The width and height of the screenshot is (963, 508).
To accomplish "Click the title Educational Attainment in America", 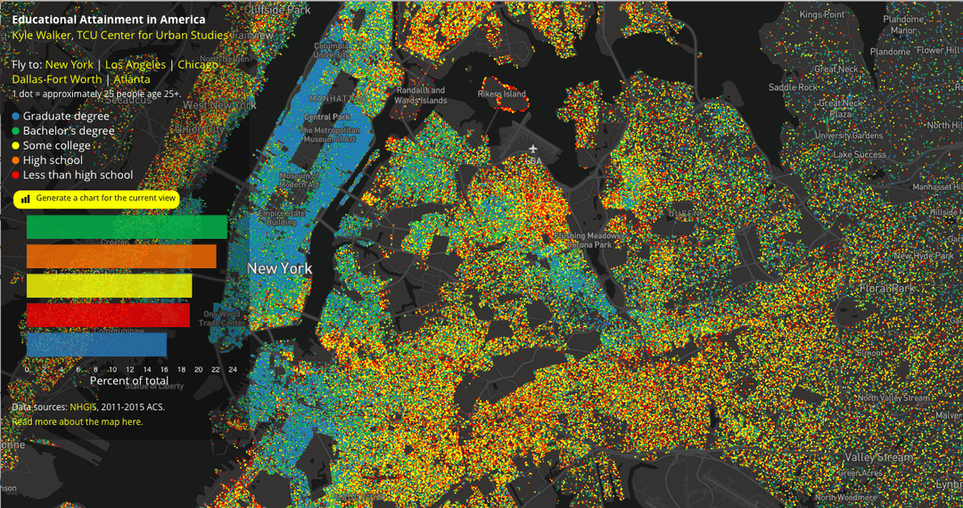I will (x=109, y=20).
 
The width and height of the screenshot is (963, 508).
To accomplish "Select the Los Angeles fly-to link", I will (x=135, y=65).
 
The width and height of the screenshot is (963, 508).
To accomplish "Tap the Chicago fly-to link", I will (x=198, y=65).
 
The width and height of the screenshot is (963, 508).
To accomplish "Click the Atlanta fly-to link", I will (x=132, y=79).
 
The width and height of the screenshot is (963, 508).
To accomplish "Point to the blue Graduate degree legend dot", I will (x=16, y=116).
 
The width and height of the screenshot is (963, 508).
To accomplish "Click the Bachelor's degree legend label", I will (x=69, y=131).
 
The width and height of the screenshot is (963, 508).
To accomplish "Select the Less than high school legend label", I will (x=78, y=176).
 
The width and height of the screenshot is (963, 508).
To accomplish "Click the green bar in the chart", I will (x=127, y=227).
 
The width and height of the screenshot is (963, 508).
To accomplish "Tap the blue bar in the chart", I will (x=96, y=344).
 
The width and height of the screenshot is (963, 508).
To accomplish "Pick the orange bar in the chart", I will (x=121, y=257).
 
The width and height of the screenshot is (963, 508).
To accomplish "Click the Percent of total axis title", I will (x=129, y=381).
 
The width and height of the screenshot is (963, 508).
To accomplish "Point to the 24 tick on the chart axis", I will (x=233, y=368).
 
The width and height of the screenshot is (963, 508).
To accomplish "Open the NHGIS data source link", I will (x=83, y=406).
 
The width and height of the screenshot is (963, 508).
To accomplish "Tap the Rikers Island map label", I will (x=502, y=94).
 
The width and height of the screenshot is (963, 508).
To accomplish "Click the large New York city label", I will (x=279, y=268).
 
